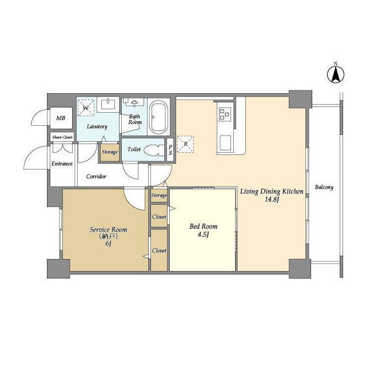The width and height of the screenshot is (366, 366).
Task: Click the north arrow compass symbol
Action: click(336, 74)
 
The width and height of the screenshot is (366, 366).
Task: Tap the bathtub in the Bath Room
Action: click(159, 117)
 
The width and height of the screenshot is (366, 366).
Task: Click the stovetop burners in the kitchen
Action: click(225, 114)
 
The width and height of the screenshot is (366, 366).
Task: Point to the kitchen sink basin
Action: click(225, 142)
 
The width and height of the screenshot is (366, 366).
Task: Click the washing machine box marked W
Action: click(86, 108)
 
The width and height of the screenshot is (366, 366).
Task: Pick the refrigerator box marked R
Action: click(185, 144)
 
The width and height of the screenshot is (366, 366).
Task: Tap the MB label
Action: click(61, 118)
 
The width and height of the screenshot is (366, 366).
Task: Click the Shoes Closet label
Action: click(62, 137)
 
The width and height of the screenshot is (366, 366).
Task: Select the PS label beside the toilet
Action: click(170, 150)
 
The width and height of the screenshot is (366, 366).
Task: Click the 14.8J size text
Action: click(272, 200)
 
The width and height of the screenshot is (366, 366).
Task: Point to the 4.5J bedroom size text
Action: click(204, 234)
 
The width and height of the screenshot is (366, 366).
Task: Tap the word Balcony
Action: click(324, 187)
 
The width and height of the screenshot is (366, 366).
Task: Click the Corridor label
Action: click(96, 176)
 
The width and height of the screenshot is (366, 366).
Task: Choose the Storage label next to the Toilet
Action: click(110, 152)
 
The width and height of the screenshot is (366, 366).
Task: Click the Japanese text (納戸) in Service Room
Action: click(108, 236)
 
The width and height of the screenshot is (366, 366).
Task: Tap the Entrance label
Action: click(62, 164)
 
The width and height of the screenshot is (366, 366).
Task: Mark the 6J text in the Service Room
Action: click(109, 244)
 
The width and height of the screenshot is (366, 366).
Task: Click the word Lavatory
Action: click(97, 126)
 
